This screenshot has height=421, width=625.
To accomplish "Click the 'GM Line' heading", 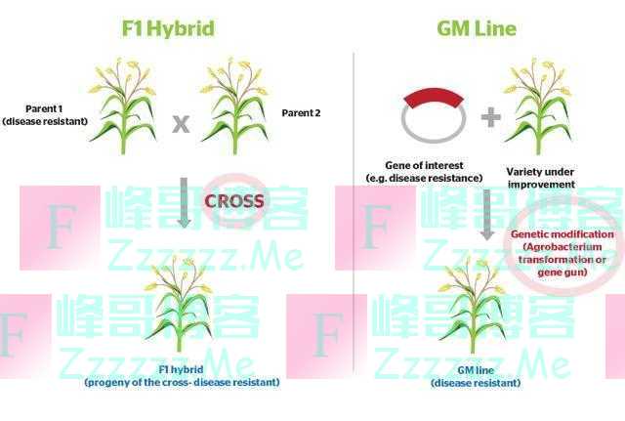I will (x=476, y=28).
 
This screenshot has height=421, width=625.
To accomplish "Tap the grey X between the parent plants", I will (x=181, y=123).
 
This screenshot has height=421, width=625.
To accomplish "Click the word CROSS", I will (x=234, y=201).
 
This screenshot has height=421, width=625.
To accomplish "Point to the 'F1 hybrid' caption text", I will (x=181, y=376).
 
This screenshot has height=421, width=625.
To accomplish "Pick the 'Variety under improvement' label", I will (x=541, y=177).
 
